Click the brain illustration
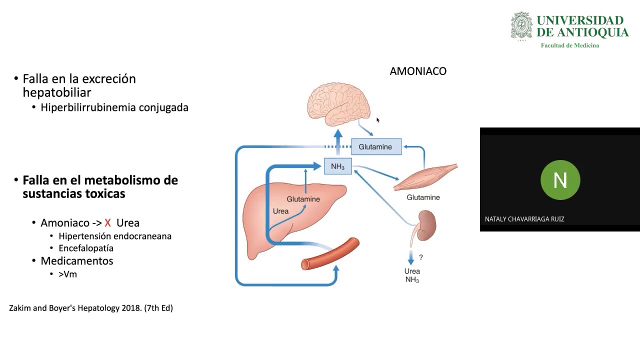pyautogui.click(x=338, y=104)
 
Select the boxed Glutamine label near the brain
pyautogui.click(x=376, y=146)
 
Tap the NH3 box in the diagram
pyautogui.click(x=338, y=166)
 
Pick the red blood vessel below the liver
pyautogui.click(x=330, y=254)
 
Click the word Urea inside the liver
pyautogui.click(x=280, y=211)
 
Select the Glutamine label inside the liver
pyautogui.click(x=303, y=199)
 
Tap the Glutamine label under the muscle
pyautogui.click(x=423, y=197)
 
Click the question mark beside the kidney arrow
pyautogui.click(x=421, y=257)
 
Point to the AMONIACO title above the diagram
pyautogui.click(x=418, y=71)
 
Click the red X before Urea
pyautogui.click(x=107, y=223)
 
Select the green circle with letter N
pyautogui.click(x=560, y=180)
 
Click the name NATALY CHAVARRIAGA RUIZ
pyautogui.click(x=524, y=219)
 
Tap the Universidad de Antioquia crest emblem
pyautogui.click(x=521, y=26)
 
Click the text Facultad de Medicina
pyautogui.click(x=569, y=45)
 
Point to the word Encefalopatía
pyautogui.click(x=86, y=248)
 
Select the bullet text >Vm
pyautogui.click(x=67, y=274)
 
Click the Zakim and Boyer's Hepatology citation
pyautogui.click(x=91, y=308)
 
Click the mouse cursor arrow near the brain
pyautogui.click(x=378, y=120)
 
